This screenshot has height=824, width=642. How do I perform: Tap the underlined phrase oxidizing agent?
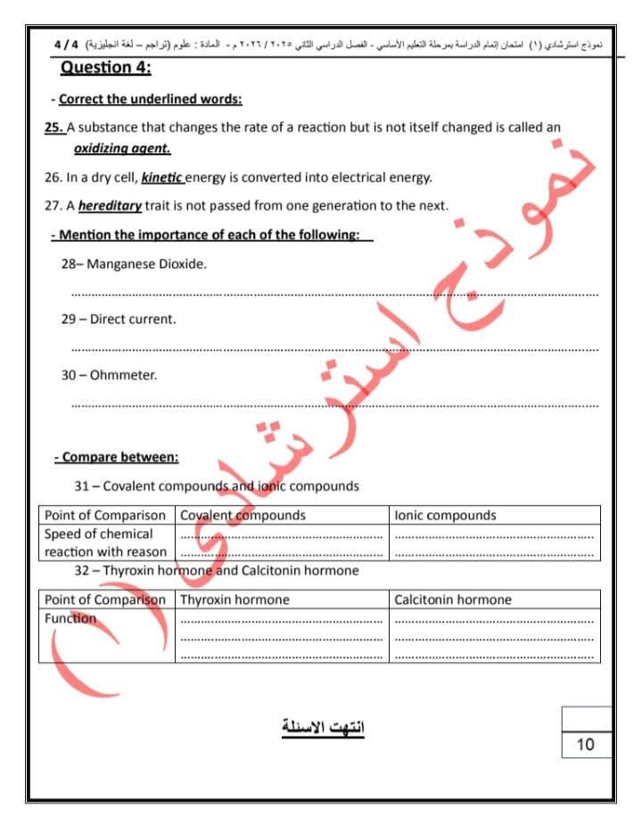click(x=121, y=148)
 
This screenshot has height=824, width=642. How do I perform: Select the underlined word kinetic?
click(x=161, y=177)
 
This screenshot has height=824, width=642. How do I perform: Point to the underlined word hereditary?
click(x=110, y=206)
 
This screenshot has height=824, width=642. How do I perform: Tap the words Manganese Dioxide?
click(x=146, y=265)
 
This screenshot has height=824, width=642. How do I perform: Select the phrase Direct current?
click(x=133, y=319)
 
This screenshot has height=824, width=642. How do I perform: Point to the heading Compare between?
click(x=116, y=457)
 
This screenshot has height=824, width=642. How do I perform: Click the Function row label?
click(x=70, y=618)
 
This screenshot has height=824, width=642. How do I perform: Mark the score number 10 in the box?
click(x=586, y=745)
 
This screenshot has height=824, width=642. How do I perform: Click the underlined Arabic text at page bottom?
click(x=323, y=727)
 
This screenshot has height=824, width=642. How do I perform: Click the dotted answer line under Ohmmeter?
click(x=334, y=405)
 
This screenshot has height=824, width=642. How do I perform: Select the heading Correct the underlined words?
click(x=150, y=99)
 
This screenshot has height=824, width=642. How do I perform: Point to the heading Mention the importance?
click(x=210, y=235)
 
